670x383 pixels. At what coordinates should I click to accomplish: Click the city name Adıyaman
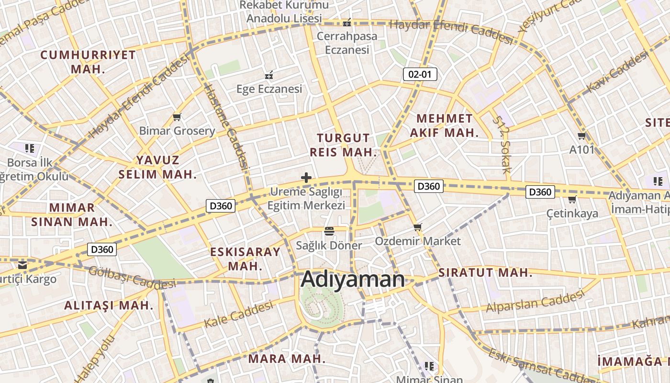(x=353, y=280)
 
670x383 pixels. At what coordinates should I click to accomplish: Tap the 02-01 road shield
(x=420, y=74)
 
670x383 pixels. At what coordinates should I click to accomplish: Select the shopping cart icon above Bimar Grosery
(x=177, y=117)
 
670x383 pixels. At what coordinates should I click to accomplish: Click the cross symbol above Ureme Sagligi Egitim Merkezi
(x=306, y=178)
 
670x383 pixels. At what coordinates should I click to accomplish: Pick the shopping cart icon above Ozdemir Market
(x=418, y=227)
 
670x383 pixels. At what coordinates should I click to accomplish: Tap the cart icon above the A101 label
(x=582, y=136)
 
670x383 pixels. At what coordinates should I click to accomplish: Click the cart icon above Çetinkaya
(x=572, y=200)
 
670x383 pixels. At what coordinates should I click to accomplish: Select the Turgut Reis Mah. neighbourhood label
(x=344, y=145)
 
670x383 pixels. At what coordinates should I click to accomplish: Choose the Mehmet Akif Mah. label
(x=444, y=125)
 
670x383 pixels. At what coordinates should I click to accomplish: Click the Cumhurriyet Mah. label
(x=88, y=61)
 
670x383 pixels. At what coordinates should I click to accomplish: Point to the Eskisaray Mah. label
(x=245, y=259)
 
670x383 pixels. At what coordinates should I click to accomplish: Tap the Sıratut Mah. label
(x=485, y=273)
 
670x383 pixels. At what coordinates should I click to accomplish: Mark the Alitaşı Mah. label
(x=109, y=305)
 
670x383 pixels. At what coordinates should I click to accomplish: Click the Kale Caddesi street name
(x=238, y=314)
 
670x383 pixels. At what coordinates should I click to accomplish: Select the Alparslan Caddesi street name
(x=536, y=301)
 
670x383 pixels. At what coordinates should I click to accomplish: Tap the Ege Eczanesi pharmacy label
(x=269, y=89)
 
